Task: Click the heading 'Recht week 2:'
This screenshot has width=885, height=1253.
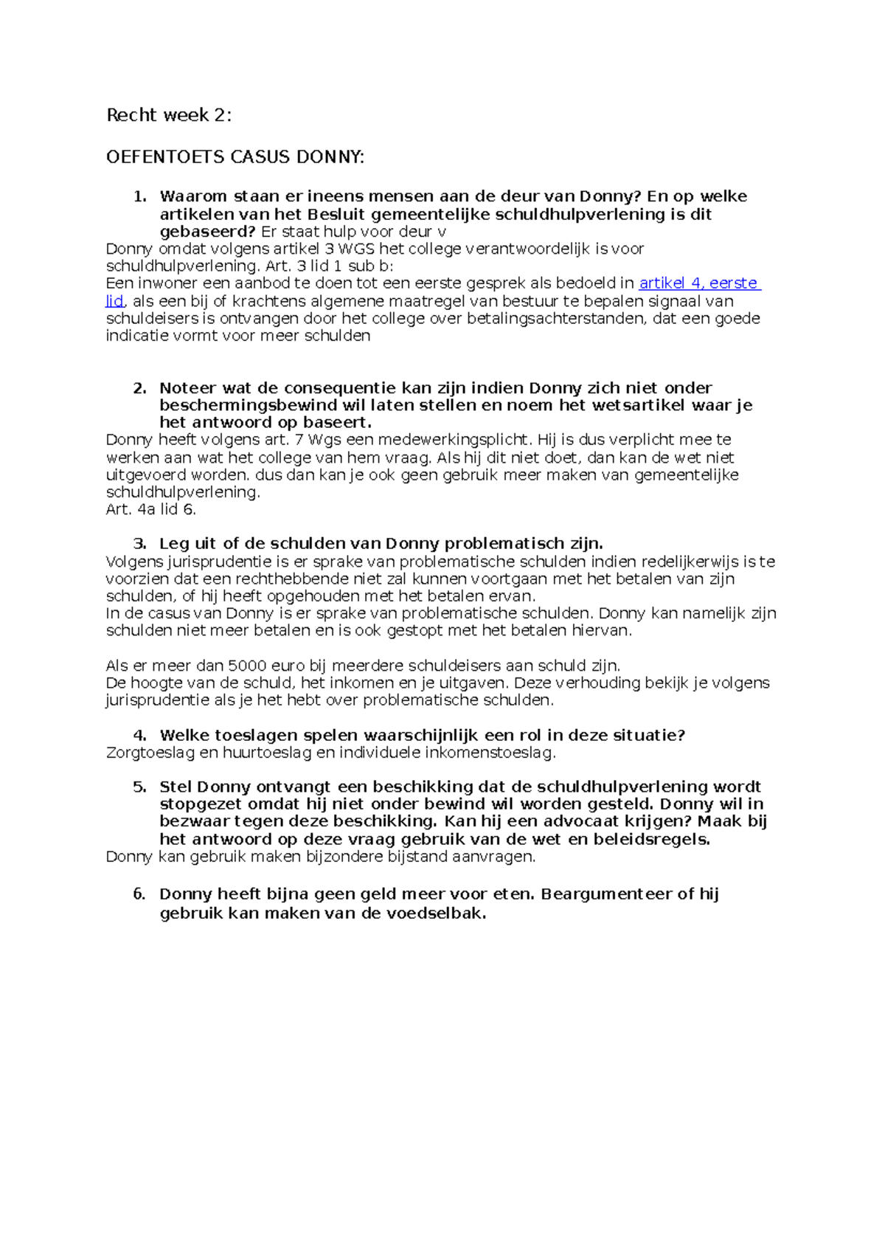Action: (x=169, y=115)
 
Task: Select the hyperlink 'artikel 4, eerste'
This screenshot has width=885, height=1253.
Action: (x=698, y=283)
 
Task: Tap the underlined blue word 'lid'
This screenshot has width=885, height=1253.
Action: (x=114, y=301)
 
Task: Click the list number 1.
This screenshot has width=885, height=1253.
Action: (x=139, y=197)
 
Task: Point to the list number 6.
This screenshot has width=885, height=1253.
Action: (x=139, y=894)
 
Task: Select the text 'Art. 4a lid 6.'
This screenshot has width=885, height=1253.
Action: (x=151, y=509)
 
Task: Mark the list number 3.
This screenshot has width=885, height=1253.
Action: (x=139, y=544)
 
